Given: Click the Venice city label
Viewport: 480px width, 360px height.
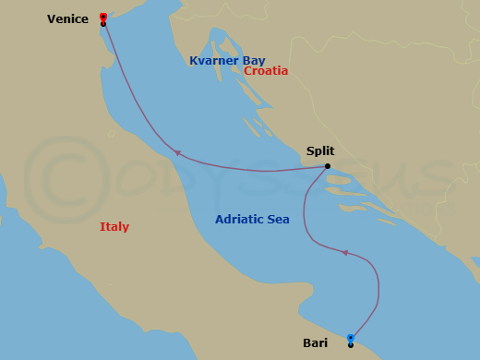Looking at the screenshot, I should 67,18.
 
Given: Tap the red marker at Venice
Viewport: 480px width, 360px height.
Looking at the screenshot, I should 102,17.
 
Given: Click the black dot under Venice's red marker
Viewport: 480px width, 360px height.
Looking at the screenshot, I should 102,24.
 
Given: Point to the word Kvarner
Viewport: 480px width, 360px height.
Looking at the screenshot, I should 214,61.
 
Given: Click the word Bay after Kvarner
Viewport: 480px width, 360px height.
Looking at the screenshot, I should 254,61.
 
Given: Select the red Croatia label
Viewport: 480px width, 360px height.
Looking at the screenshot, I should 266,71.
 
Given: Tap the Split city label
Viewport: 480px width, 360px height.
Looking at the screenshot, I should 319,151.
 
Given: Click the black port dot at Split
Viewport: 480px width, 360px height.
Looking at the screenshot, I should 328,167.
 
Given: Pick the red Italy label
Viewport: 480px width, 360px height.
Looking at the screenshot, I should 114,227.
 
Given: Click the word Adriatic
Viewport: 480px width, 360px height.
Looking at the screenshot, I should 241,220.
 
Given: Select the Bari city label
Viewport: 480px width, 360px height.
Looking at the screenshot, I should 315,343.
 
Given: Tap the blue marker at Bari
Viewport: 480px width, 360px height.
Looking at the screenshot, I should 351,338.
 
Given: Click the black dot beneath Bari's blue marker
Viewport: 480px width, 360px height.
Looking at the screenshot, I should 351,345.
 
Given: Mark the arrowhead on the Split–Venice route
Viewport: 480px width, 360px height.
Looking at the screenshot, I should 177,153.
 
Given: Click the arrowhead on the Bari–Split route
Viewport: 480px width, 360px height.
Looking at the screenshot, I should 344,252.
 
